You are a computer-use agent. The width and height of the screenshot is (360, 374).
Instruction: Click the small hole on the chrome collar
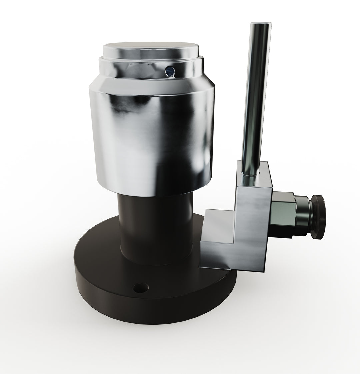[170, 70]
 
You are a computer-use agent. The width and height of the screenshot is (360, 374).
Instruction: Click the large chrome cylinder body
[150, 140]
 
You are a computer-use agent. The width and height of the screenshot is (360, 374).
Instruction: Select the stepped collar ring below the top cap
[150, 67]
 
